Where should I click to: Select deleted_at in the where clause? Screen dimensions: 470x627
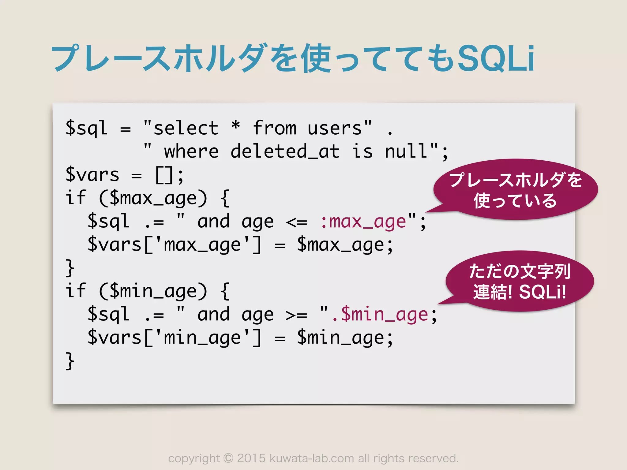(285, 151)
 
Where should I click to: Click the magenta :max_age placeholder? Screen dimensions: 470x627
(363, 222)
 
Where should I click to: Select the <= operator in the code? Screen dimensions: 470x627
(296, 222)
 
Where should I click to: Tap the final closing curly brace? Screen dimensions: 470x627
(70, 361)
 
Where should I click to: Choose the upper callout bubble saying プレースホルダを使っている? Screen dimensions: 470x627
(516, 190)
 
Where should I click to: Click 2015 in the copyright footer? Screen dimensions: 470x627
(251, 458)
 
